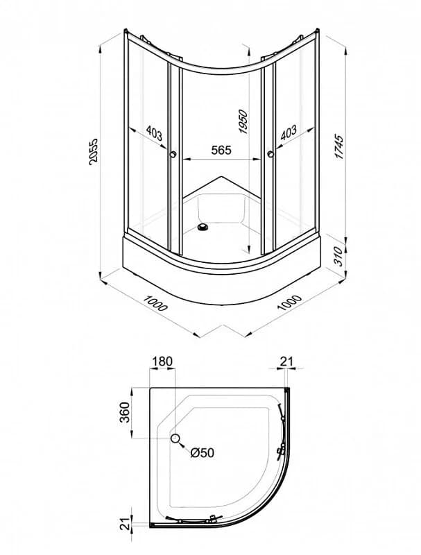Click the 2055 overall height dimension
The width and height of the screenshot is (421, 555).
(x=93, y=151)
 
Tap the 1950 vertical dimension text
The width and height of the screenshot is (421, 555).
(x=244, y=122)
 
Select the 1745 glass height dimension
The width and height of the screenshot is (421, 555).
(x=338, y=146)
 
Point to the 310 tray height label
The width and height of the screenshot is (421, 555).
(x=338, y=256)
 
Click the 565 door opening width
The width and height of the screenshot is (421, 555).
(x=221, y=150)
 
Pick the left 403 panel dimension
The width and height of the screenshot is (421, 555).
(x=154, y=133)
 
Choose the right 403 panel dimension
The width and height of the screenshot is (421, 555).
(x=289, y=133)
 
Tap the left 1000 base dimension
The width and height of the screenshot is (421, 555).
(x=155, y=302)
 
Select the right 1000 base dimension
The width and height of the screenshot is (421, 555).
(x=289, y=302)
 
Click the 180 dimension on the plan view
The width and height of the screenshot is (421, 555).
(x=162, y=361)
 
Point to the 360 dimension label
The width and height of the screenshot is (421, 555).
(x=125, y=412)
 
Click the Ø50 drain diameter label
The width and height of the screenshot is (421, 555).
(x=202, y=452)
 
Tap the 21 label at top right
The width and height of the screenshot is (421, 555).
(x=286, y=361)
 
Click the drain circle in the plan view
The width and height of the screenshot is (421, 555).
(x=175, y=438)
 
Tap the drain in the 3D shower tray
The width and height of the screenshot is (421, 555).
(x=203, y=227)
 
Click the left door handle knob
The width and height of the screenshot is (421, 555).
(x=173, y=154)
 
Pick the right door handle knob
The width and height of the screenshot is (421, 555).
(x=271, y=153)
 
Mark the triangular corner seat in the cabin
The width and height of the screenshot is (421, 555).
(x=222, y=187)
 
